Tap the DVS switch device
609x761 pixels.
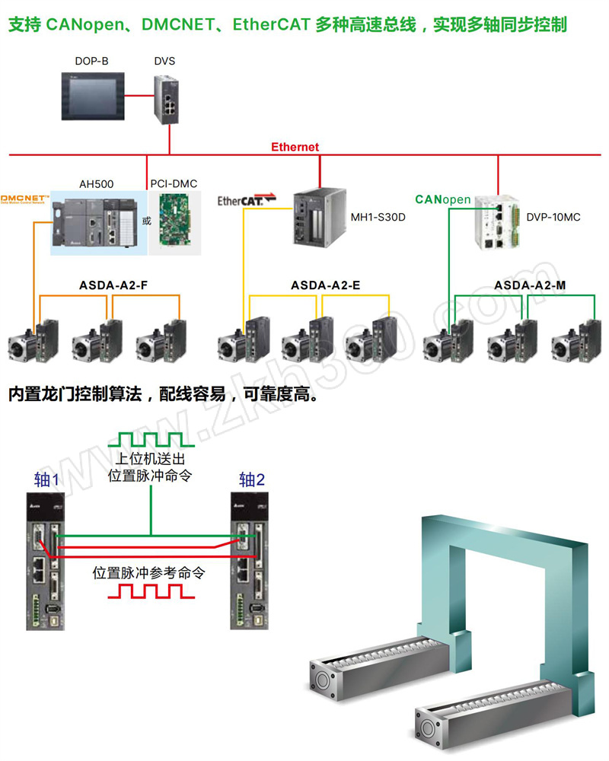(166, 98)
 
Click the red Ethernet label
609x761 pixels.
(295, 147)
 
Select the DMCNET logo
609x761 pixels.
(25, 199)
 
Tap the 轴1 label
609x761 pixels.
(47, 479)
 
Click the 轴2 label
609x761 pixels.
(252, 479)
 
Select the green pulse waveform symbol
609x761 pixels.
(151, 440)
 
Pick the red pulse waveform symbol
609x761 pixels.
(152, 592)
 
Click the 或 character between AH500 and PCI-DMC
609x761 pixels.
(147, 221)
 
